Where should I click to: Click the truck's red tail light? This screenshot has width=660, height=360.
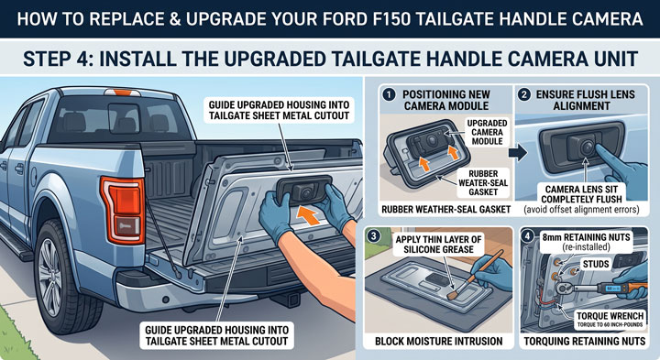(123, 209)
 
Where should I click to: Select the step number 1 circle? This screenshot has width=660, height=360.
(389, 94)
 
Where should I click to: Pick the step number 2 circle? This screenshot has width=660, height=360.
(524, 94)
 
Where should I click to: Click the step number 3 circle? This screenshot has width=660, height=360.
(373, 236)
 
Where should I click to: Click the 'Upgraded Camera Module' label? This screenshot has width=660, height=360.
(487, 132)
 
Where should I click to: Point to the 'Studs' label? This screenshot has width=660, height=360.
(596, 264)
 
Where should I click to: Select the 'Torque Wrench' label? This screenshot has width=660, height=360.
(610, 319)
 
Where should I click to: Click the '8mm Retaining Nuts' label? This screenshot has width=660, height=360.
(586, 242)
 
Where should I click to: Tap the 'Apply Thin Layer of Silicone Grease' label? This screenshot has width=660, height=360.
(438, 245)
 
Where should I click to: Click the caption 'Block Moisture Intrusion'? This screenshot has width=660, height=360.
(438, 341)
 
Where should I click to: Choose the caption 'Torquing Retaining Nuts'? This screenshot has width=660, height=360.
(585, 341)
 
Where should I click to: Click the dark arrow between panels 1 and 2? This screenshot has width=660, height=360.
(518, 153)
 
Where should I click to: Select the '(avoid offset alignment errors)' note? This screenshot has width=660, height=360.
(581, 209)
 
